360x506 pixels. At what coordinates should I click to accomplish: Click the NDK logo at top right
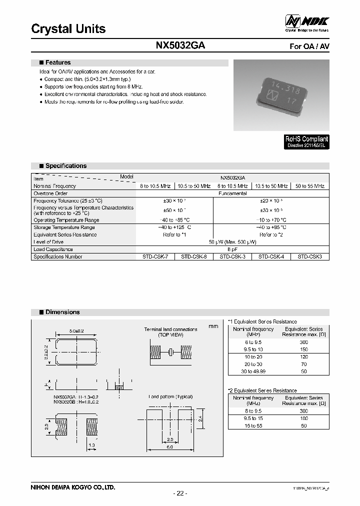(306, 21)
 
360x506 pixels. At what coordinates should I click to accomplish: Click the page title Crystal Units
(68, 29)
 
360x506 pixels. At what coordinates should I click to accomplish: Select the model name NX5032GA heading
(180, 45)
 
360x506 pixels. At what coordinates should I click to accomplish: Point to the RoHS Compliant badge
(306, 142)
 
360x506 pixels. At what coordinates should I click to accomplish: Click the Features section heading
(58, 63)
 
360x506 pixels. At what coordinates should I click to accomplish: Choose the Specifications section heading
(65, 166)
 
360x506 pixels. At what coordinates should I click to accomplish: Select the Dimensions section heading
(62, 312)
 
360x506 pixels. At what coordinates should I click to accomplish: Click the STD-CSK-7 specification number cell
(155, 256)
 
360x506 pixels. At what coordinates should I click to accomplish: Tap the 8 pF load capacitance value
(232, 249)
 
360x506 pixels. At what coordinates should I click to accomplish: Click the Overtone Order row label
(50, 193)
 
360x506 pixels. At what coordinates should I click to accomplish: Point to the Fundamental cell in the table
(232, 193)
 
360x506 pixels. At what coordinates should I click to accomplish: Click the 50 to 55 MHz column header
(310, 186)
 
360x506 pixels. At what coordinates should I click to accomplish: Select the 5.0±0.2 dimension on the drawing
(77, 331)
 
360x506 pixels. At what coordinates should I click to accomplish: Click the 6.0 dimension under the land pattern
(170, 447)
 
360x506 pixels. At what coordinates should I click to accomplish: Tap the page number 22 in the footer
(179, 493)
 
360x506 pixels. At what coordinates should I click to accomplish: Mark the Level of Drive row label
(48, 242)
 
